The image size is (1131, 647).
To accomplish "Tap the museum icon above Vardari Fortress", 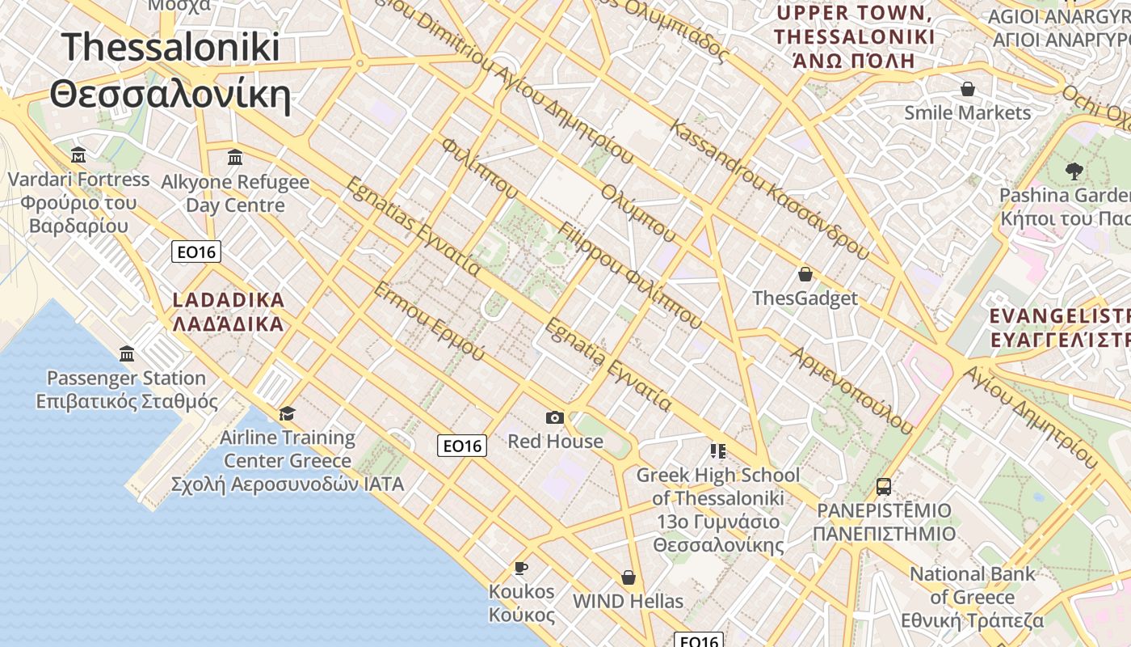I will point(78,154).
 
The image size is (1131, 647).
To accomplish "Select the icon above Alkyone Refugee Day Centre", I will point(235,157).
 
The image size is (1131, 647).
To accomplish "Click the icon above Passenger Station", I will point(127,353).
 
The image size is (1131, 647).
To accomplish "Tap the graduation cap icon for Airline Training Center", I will point(287,414).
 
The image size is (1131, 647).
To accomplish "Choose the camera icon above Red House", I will point(555,417).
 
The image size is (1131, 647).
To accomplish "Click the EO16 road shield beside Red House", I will point(462,445).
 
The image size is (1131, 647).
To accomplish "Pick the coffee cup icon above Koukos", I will point(521,568).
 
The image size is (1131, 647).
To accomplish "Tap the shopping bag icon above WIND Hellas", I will point(629,577).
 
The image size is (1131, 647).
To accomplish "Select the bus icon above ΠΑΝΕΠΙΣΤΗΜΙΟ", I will point(884,487).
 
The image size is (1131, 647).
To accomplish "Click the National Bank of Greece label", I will point(973,598).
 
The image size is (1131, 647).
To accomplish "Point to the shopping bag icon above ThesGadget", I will point(805,274).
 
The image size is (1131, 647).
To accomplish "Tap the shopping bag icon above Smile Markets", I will point(967,88).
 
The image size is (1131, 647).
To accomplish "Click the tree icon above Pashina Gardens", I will point(1074,171).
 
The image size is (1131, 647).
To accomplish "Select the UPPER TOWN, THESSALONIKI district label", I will point(854,36).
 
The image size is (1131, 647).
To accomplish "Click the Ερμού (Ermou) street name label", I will point(430,322).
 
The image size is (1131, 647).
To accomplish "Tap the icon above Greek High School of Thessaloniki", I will point(717,450).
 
